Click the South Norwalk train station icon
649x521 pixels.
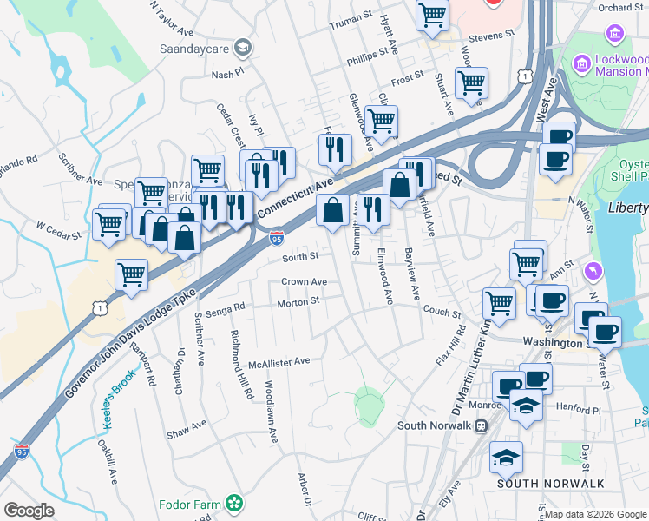[480, 425]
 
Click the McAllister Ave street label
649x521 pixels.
[279, 361]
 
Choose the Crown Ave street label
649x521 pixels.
[304, 282]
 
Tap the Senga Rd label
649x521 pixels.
[226, 306]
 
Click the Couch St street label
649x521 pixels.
[442, 310]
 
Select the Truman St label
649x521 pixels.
[351, 16]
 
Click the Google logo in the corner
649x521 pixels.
[29, 511]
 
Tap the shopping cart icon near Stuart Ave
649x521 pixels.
[471, 84]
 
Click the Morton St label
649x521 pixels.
[298, 302]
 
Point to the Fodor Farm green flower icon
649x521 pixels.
[233, 503]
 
